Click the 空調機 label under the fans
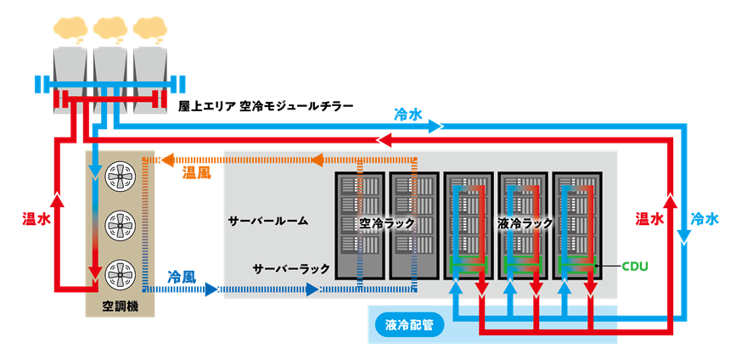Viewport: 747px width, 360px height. coord(120,304)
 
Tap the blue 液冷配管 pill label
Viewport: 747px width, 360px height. coord(409,324)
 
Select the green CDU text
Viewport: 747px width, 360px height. coord(634,267)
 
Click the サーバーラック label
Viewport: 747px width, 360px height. coord(291,268)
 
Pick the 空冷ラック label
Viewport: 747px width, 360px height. coord(387,223)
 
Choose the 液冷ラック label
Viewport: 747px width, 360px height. coord(525,223)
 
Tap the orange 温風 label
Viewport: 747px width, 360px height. coord(197,173)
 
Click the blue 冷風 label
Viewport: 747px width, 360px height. coord(182,277)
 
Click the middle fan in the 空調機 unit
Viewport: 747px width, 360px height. coord(119,225)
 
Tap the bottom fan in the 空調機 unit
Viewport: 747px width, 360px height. coord(119,273)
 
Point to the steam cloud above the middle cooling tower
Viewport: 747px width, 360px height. coord(111,31)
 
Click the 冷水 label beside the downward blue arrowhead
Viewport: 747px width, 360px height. coord(705,218)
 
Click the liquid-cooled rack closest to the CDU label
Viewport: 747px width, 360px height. coord(577,226)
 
